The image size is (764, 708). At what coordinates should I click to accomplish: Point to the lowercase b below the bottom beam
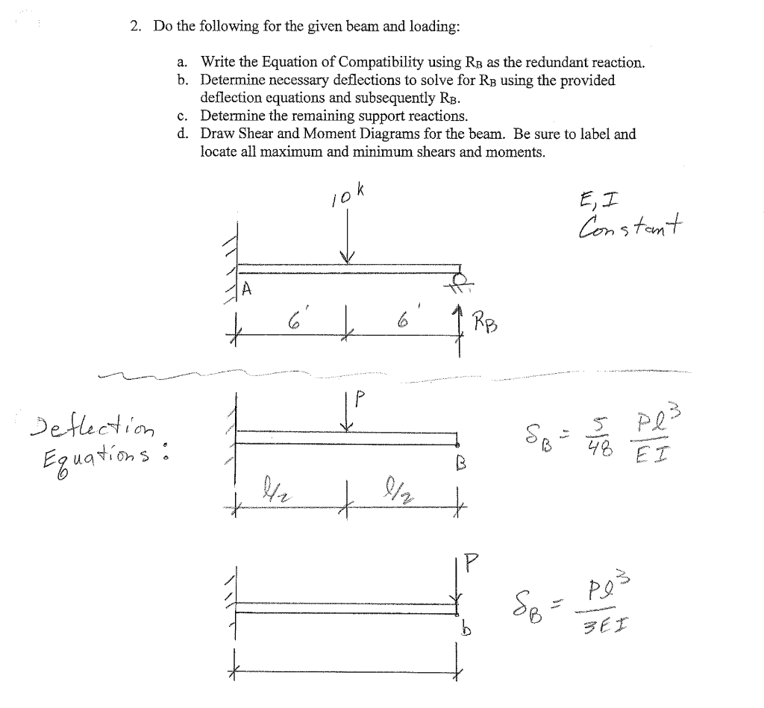click(x=464, y=631)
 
